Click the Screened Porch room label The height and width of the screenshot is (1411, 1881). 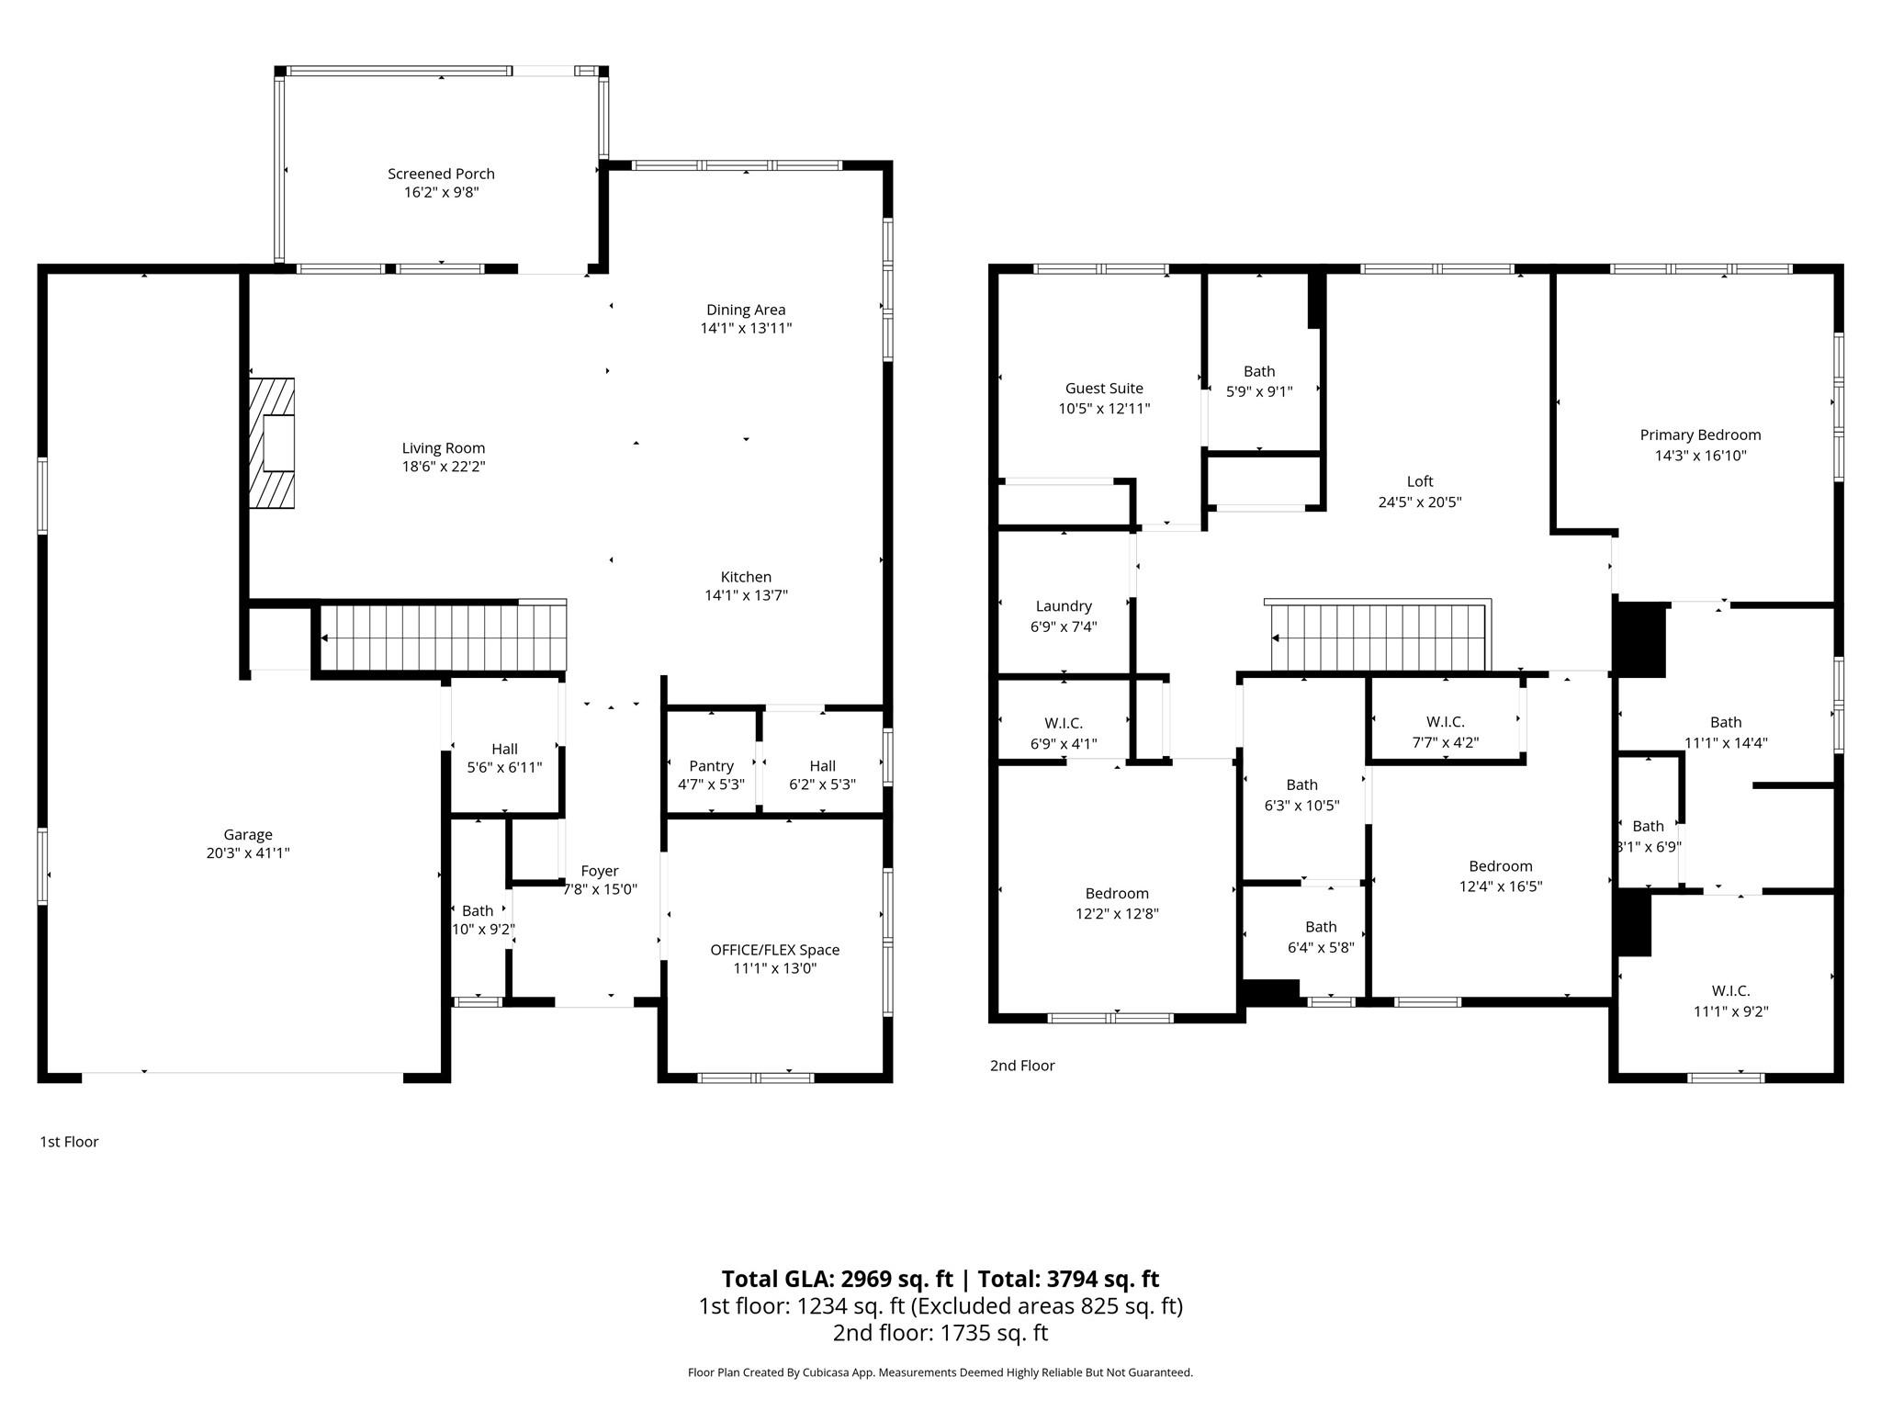(x=441, y=174)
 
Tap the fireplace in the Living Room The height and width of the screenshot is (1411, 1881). (x=272, y=443)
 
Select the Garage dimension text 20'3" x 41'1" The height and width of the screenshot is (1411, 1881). (x=248, y=853)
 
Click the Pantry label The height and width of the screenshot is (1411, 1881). (x=711, y=766)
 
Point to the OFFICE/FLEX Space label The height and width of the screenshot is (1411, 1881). (x=774, y=950)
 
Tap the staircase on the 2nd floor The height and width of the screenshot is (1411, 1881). (x=1378, y=636)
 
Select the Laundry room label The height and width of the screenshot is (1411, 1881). (x=1064, y=606)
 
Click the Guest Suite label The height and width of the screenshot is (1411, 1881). (x=1104, y=389)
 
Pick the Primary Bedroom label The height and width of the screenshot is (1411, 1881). (x=1700, y=435)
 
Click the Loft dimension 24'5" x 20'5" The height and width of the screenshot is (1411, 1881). (x=1419, y=502)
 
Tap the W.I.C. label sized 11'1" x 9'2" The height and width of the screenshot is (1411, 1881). (x=1730, y=991)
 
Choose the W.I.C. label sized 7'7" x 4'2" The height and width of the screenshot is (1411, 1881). (x=1445, y=722)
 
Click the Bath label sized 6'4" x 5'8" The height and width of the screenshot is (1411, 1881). (x=1321, y=927)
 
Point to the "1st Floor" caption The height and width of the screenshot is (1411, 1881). (x=69, y=1142)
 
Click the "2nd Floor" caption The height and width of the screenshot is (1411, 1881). (x=1022, y=1066)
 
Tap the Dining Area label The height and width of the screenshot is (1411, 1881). (x=746, y=310)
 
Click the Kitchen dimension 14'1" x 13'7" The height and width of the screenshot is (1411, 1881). (x=746, y=595)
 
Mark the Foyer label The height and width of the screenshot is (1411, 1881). (x=600, y=871)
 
